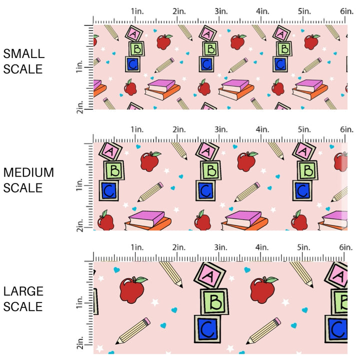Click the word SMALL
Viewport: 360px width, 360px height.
coord(23,53)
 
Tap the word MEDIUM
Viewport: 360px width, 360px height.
coord(28,172)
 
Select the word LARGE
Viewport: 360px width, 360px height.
coord(23,291)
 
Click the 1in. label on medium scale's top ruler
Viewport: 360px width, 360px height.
coord(138,129)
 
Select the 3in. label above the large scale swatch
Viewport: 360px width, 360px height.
coord(221,247)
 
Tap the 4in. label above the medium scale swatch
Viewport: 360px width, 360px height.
coord(263,129)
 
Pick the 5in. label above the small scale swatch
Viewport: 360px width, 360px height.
coord(304,11)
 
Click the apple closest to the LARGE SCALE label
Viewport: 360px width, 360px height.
coord(132,289)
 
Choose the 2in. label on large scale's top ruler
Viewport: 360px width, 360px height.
coord(179,247)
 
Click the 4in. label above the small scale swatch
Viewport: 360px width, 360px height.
coord(263,11)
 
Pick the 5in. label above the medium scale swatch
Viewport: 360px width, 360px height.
coord(304,129)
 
